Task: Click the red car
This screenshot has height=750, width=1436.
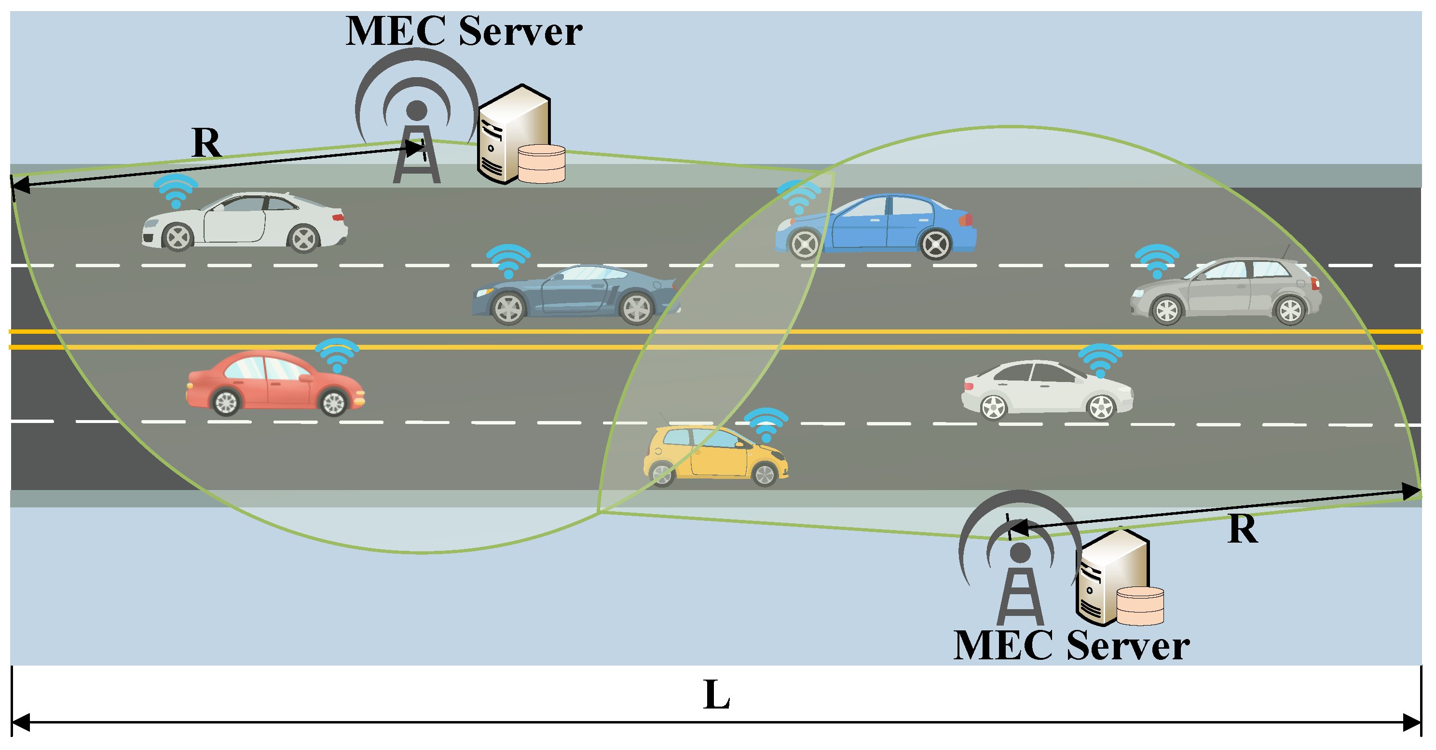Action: click(x=275, y=383)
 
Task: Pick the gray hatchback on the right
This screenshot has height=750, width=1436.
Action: click(x=1226, y=291)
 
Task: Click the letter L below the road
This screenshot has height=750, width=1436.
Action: click(x=716, y=695)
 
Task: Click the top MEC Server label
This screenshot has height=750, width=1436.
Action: click(x=464, y=31)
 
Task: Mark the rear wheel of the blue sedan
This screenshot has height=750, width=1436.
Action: click(x=935, y=244)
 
